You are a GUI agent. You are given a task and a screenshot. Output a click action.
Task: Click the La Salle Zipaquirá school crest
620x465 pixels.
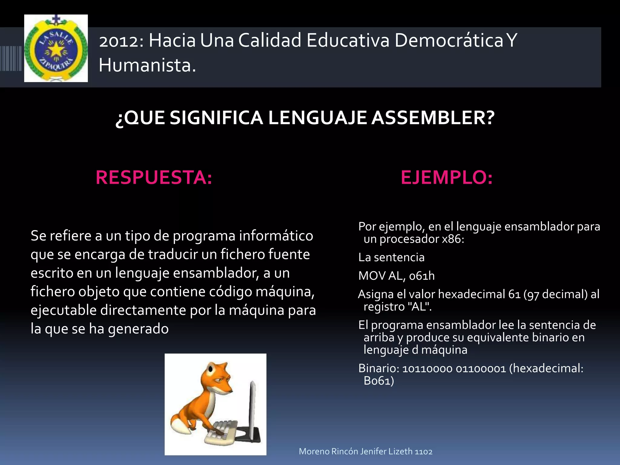pos(56,48)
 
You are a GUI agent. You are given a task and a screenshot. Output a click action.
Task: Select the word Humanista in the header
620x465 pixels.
pos(147,65)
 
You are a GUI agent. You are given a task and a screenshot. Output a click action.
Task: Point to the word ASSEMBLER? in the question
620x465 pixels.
pos(433,118)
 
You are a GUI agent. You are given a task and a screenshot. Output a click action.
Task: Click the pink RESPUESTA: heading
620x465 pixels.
pos(154,177)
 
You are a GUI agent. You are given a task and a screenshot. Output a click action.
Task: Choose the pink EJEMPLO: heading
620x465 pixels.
pos(447,177)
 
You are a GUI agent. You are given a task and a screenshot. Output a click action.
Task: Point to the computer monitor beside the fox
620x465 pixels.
pos(252,409)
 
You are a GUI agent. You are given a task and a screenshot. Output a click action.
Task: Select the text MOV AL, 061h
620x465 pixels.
pos(396,276)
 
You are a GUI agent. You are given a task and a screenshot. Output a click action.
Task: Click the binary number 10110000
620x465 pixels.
pos(427,369)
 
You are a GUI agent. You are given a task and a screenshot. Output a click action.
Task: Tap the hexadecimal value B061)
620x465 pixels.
pos(379,381)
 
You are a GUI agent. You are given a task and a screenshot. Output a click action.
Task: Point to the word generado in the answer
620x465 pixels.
pos(138,329)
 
